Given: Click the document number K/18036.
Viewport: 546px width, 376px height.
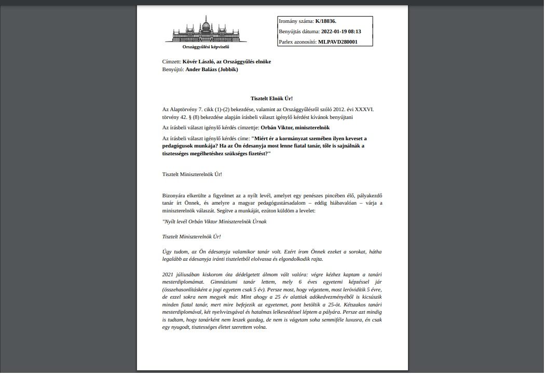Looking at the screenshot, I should (325, 21).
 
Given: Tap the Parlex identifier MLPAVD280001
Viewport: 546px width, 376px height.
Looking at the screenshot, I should (337, 42).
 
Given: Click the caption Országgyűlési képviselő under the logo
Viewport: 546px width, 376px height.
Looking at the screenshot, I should (209, 47).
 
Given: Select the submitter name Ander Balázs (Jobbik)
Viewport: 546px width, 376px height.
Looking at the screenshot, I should (212, 70).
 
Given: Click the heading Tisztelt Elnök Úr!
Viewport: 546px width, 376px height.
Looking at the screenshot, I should (272, 98).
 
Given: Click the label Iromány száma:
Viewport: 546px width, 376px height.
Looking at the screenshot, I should (296, 21).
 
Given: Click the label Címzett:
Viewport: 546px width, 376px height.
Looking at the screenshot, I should (172, 62).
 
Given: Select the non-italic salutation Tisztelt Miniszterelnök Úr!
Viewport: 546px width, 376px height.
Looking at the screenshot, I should (192, 174).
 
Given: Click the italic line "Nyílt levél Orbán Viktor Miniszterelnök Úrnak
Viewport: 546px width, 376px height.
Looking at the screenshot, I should (215, 222).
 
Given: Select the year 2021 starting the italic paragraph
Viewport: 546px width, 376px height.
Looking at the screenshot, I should (168, 274).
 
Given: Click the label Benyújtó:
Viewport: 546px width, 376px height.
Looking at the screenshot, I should (173, 70).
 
